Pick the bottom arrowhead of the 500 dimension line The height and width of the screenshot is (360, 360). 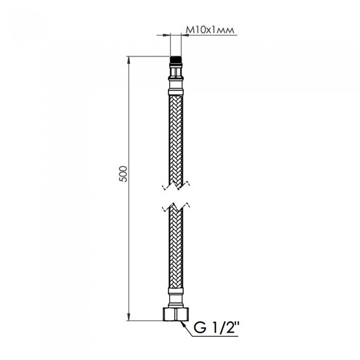click(x=128, y=317)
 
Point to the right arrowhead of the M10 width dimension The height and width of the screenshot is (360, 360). click(x=183, y=35)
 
